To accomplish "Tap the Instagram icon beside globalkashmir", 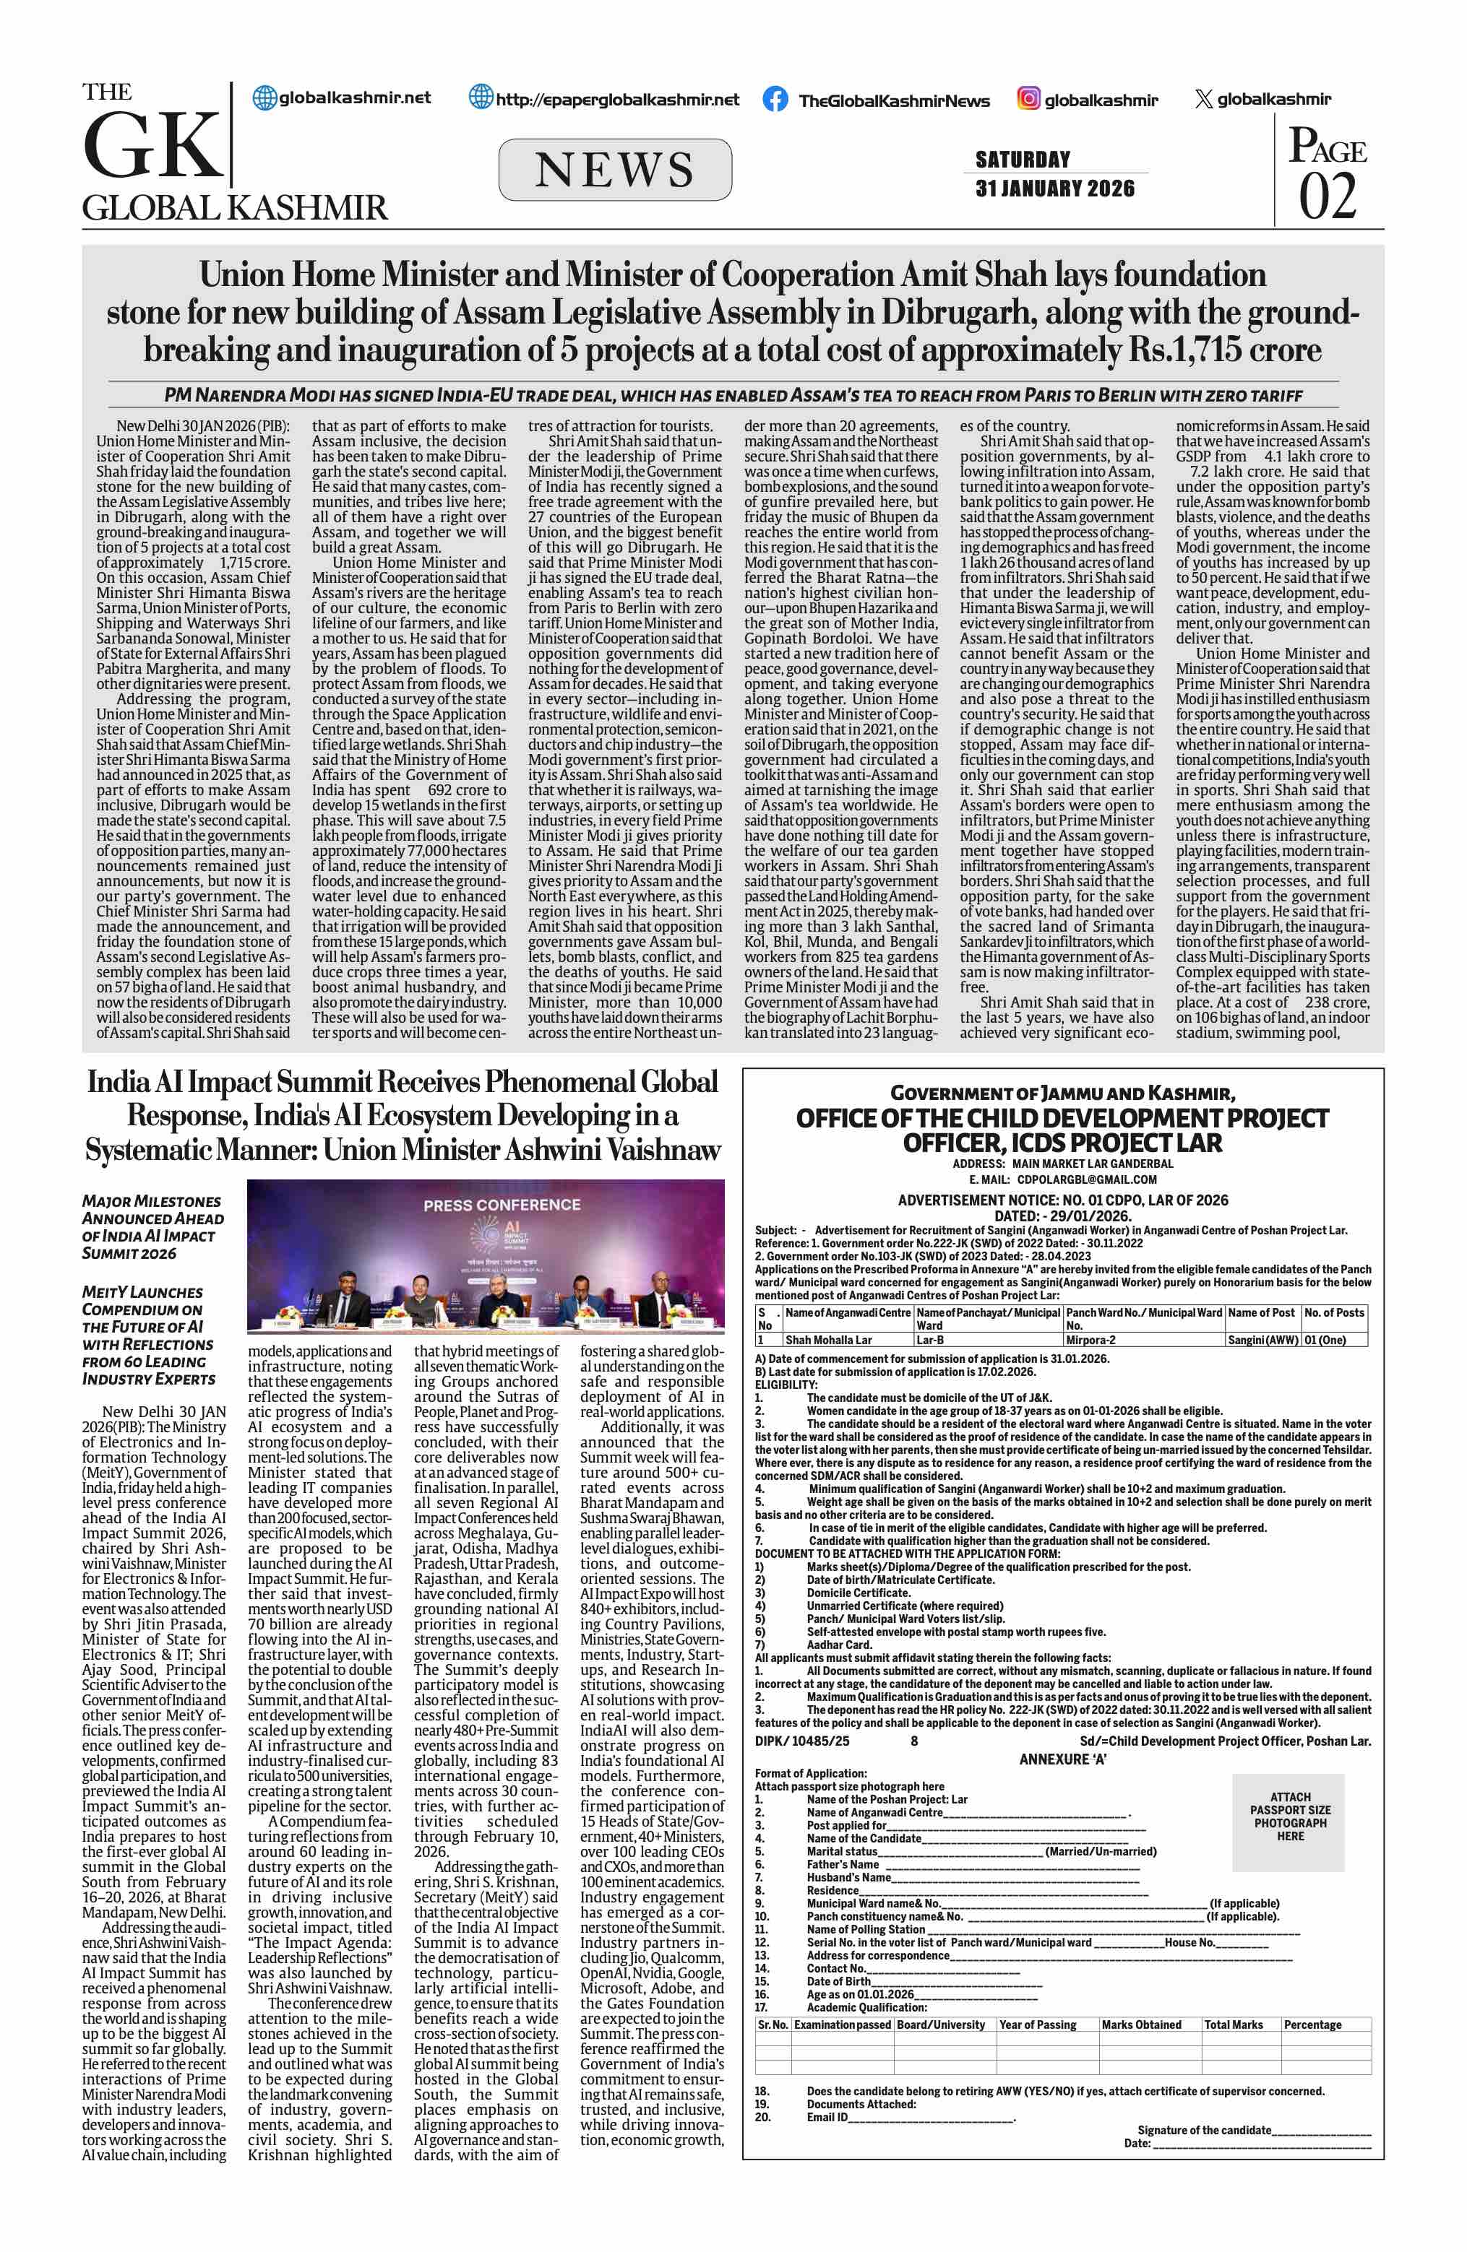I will click(x=1029, y=98).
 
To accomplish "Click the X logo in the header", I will click(x=1203, y=98).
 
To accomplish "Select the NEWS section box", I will click(x=615, y=170).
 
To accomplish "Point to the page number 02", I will click(x=1327, y=196).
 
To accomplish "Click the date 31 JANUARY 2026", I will click(x=1054, y=189).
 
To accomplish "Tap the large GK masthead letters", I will click(x=152, y=147).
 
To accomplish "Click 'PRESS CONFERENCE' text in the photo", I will click(x=502, y=1205).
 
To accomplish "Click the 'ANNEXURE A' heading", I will click(x=1062, y=1759).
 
